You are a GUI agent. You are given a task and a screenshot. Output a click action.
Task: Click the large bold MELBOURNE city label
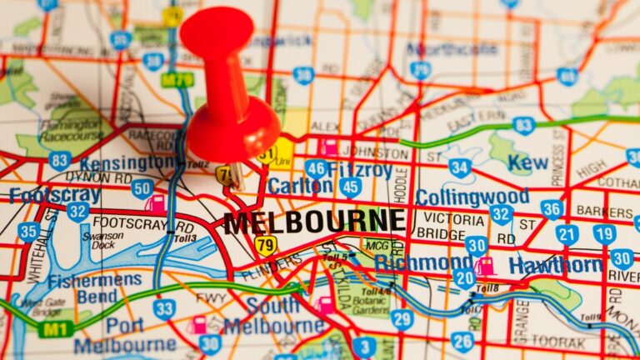click(x=314, y=222)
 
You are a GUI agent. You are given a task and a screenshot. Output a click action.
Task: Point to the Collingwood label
click(x=472, y=197)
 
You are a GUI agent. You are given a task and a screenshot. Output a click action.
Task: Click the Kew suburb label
click(x=528, y=162)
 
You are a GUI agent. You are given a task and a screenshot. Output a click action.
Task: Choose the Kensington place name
click(x=127, y=162)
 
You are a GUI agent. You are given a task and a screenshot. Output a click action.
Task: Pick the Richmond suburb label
click(x=423, y=263)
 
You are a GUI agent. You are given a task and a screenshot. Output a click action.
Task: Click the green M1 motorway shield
click(x=54, y=329)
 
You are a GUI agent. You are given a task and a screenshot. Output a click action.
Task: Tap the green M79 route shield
click(x=177, y=80)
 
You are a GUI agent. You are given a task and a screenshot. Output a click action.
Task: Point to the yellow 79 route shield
click(x=265, y=246)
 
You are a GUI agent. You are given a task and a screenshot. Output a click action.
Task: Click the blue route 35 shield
click(x=28, y=232)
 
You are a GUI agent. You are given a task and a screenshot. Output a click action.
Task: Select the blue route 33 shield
click(x=163, y=309)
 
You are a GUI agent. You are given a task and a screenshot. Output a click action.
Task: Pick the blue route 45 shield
click(x=350, y=187)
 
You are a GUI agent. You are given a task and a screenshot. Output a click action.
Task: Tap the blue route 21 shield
click(x=567, y=235)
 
